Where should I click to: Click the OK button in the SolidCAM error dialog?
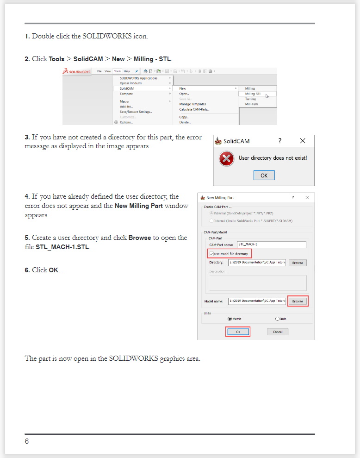point(264,176)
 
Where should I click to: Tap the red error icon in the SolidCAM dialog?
point(226,159)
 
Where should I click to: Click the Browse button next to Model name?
point(298,301)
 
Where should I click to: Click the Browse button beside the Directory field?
point(298,263)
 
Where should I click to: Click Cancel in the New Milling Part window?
point(278,332)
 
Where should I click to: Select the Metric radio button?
point(230,319)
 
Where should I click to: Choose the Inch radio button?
point(277,319)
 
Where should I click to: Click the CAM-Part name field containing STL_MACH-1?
point(272,245)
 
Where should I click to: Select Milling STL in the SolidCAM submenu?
point(253,94)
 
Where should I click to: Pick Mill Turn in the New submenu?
point(251,104)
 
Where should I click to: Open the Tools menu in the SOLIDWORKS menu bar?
point(118,71)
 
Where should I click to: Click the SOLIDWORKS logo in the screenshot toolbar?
point(77,72)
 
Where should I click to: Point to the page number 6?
point(27,441)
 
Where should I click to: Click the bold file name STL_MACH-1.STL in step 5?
point(63,247)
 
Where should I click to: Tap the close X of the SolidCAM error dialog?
point(303,141)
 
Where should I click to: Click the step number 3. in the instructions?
point(27,137)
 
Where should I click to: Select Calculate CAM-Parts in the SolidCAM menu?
point(194,109)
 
